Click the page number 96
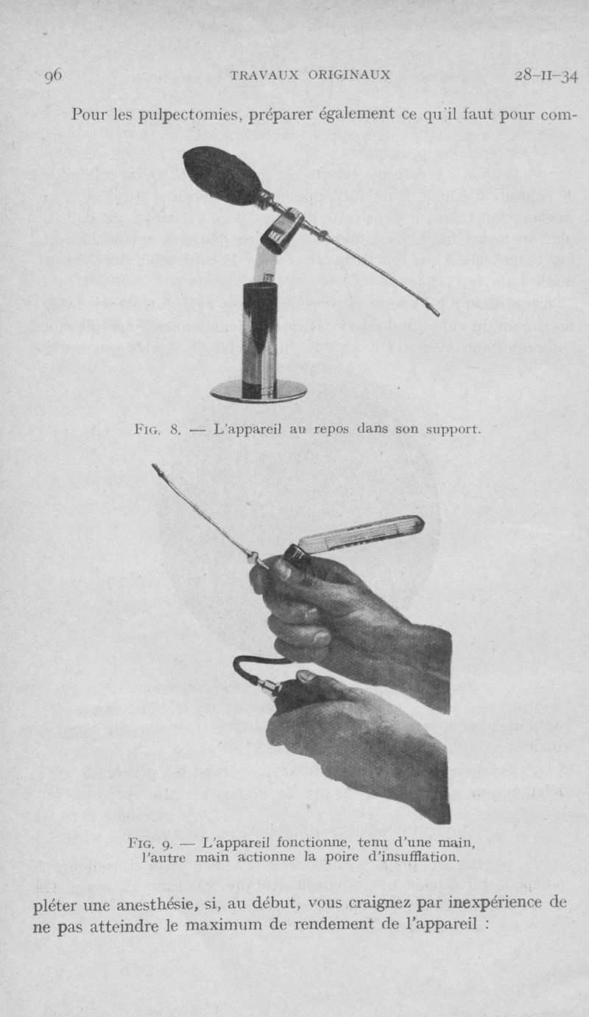pyautogui.click(x=53, y=75)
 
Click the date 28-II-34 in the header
pyautogui.click(x=546, y=76)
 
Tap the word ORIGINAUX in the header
pyautogui.click(x=349, y=75)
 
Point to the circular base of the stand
pyautogui.click(x=258, y=390)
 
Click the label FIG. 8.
pyautogui.click(x=158, y=429)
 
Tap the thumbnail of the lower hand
pyautogui.click(x=308, y=677)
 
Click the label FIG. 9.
pyautogui.click(x=149, y=843)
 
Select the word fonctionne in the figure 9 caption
pyautogui.click(x=312, y=843)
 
